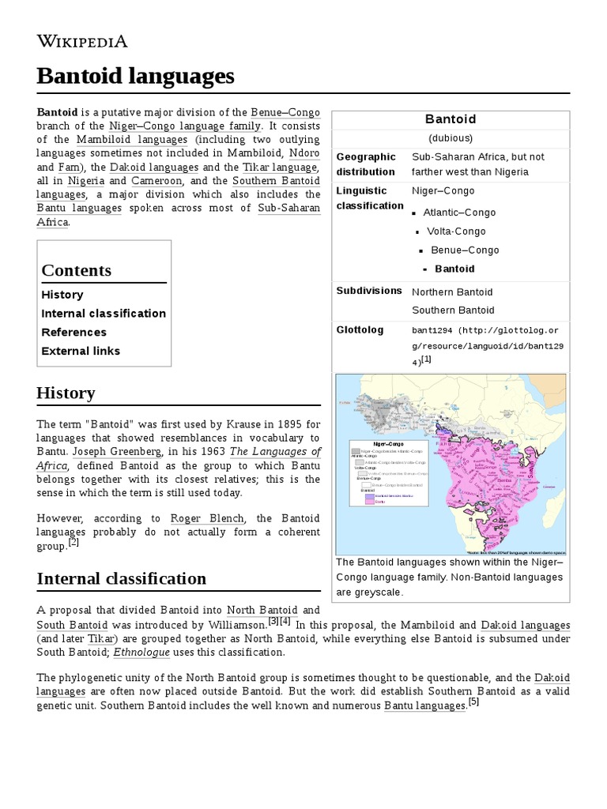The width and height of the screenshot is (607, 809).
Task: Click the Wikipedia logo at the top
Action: point(81,41)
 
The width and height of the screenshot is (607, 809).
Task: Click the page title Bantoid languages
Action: point(135,77)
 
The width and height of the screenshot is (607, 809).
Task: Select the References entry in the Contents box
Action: point(74,333)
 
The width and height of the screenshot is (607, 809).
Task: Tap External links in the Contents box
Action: point(81,352)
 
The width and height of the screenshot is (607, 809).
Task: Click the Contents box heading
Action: point(76,270)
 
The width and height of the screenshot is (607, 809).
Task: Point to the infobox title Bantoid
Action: point(451,119)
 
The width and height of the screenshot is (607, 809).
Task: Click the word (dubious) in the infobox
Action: point(451,138)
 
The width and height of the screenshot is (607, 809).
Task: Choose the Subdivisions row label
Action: point(369,291)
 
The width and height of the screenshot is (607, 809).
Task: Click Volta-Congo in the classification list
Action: point(456,231)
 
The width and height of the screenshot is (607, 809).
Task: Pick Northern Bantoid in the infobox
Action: point(452,292)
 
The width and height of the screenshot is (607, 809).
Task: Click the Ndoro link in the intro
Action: point(304,153)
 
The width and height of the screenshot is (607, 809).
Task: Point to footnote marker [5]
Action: point(473,702)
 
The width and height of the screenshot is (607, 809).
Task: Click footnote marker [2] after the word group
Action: point(74,543)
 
